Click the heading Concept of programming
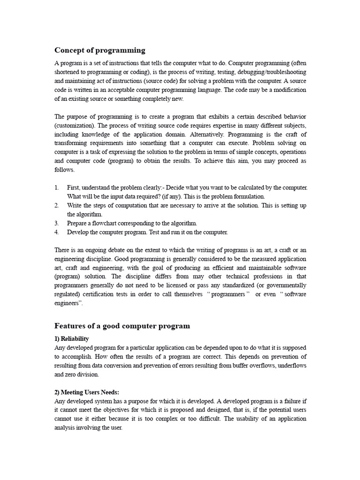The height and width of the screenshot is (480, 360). [100, 50]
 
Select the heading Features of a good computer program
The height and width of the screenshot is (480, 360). [122, 326]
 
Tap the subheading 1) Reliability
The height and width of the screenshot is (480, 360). [72, 338]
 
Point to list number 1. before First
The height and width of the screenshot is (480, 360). [57, 187]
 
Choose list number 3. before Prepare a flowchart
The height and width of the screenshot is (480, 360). [57, 223]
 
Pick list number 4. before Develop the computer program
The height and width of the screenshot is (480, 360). [57, 232]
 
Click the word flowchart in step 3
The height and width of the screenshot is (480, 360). [107, 223]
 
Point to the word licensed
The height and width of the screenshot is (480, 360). [195, 285]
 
